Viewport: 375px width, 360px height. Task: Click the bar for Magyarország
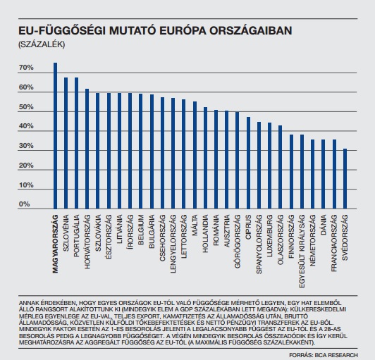pos(55,136)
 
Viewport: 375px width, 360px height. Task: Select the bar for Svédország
pos(345,179)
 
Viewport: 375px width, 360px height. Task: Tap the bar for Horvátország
pos(87,149)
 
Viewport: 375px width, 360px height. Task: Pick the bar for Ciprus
pos(249,163)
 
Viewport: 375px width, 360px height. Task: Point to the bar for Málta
pos(195,156)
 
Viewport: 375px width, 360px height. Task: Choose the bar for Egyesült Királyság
pos(302,172)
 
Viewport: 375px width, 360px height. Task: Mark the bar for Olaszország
pos(281,168)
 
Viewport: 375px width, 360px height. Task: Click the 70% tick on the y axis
pos(26,68)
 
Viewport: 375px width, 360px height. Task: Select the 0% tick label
pos(25,204)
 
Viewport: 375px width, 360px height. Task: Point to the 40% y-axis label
pos(26,126)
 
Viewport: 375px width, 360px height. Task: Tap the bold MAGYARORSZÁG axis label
pos(55,244)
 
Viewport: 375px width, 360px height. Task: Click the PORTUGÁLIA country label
pos(76,236)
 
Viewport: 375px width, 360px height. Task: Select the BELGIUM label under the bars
pos(141,230)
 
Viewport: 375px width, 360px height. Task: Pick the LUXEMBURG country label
pos(270,236)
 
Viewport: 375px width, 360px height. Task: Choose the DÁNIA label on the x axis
pos(324,225)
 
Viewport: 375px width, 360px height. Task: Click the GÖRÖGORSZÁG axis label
pos(238,242)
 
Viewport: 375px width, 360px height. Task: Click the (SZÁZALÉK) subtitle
pos(42,44)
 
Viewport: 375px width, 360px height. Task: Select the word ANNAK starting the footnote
pos(27,303)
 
